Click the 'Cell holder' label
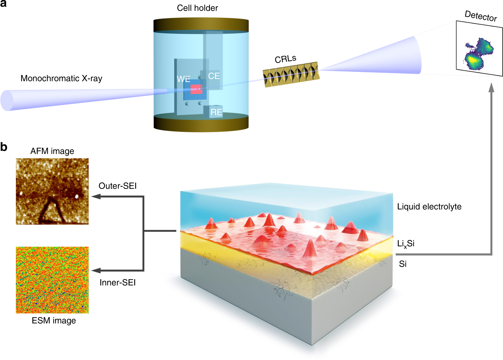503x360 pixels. [197, 8]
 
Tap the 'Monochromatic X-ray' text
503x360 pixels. [61, 78]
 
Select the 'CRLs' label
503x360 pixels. [285, 59]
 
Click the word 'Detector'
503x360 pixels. [481, 16]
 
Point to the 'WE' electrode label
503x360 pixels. [183, 79]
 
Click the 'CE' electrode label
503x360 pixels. [214, 76]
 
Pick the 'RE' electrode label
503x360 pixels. [216, 112]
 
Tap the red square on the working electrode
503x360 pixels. [196, 89]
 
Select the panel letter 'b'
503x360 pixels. [4, 147]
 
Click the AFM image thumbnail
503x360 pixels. [52, 191]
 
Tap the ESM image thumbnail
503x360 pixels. [52, 280]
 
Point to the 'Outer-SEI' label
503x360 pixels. [118, 186]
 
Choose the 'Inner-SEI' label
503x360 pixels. [118, 283]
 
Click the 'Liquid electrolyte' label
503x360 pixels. [429, 207]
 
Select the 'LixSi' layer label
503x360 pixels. [406, 244]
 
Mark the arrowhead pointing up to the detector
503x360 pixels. [491, 87]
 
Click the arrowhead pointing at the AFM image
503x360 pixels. [96, 197]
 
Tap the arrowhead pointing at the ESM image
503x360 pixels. [96, 270]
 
